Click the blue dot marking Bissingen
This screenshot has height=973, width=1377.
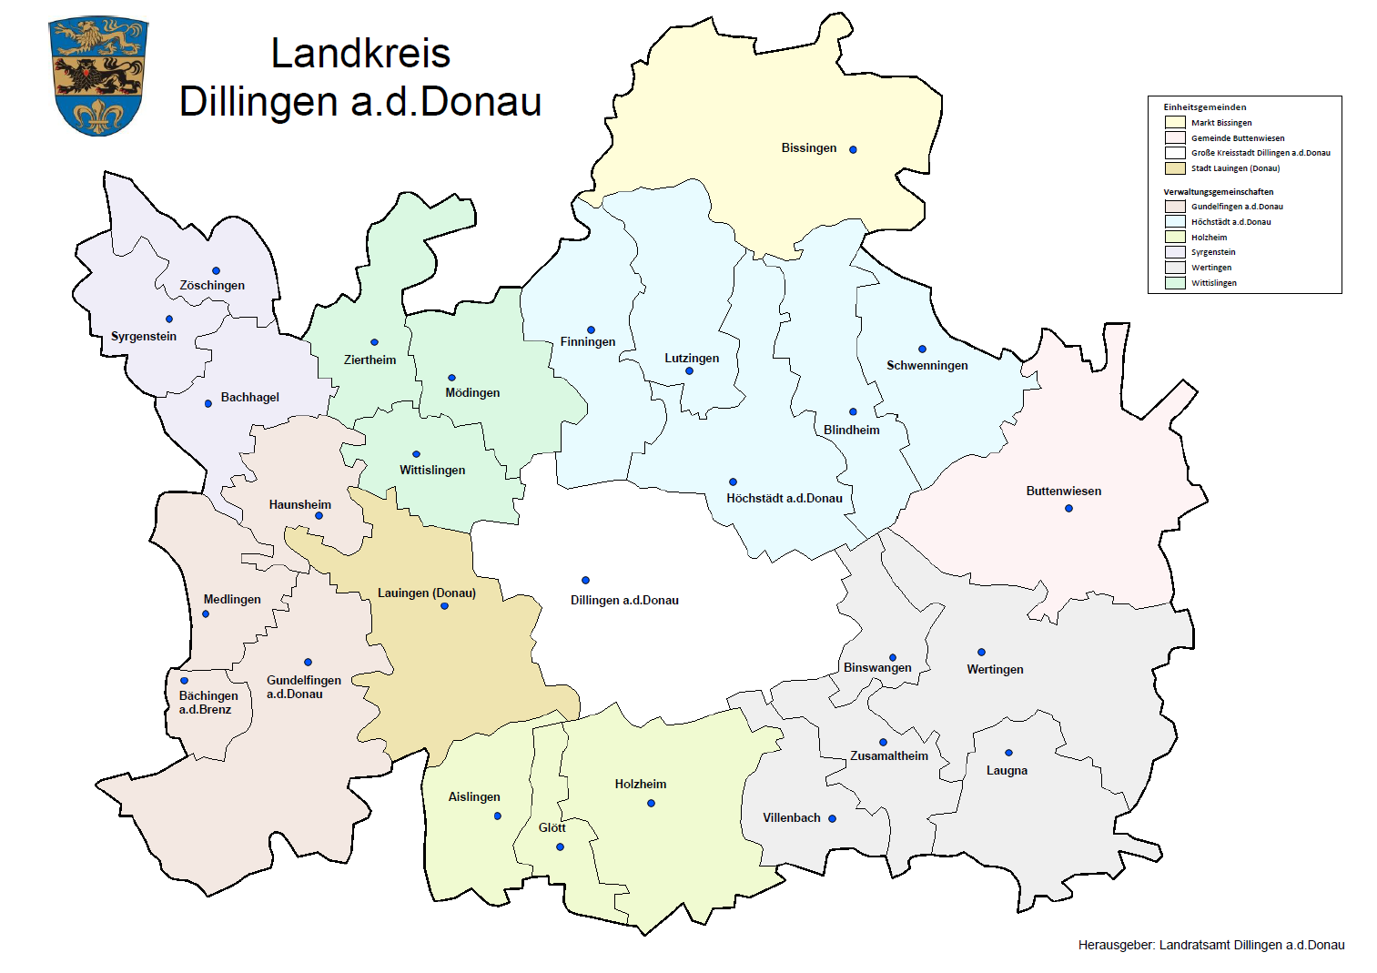click(x=853, y=149)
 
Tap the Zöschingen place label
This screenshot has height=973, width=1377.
click(x=212, y=285)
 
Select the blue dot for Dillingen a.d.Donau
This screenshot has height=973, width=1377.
click(x=585, y=580)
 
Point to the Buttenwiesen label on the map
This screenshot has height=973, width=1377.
click(x=1063, y=491)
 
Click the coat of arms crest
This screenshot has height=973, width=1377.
click(x=98, y=76)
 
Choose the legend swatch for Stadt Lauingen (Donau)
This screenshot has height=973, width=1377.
click(x=1174, y=168)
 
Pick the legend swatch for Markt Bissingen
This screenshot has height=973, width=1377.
click(x=1174, y=123)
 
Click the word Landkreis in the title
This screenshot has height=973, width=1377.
click(x=360, y=54)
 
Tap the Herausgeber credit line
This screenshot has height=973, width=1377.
click(x=1210, y=945)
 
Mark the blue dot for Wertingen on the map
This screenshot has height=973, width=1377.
click(x=981, y=652)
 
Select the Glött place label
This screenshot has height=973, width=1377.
click(x=552, y=827)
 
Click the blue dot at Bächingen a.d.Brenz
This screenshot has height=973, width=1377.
click(x=184, y=680)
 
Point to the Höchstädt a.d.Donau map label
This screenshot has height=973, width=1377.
click(x=784, y=498)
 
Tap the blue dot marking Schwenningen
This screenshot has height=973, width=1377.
click(x=922, y=349)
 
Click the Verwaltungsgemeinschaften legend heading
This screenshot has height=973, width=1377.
click(x=1218, y=192)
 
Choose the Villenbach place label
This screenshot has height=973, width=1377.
click(x=791, y=817)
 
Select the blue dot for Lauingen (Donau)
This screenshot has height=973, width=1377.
click(x=444, y=606)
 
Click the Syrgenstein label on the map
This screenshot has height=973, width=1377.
click(x=144, y=336)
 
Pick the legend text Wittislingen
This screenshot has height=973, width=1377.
click(x=1213, y=283)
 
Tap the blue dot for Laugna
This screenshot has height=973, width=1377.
click(x=1008, y=753)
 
